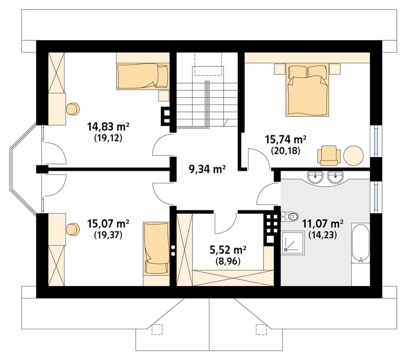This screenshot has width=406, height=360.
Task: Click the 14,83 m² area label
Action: point(108,127)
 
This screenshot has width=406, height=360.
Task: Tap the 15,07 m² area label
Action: point(108,224)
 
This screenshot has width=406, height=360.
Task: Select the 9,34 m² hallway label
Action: point(207,169)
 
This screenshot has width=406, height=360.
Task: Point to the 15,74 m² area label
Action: point(286,139)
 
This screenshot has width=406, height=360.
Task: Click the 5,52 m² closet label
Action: point(228,250)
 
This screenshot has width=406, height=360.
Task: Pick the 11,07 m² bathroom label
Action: point(323,224)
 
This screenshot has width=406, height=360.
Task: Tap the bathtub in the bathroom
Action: point(361,243)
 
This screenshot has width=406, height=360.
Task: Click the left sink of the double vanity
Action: point(316,177)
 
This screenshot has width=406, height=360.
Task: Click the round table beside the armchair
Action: point(353,156)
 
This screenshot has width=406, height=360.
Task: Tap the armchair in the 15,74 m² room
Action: point(329,156)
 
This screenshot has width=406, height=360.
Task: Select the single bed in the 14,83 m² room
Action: point(143,76)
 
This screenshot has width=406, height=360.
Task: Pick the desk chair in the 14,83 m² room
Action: point(73,109)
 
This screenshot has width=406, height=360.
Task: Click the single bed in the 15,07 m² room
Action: point(156,248)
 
